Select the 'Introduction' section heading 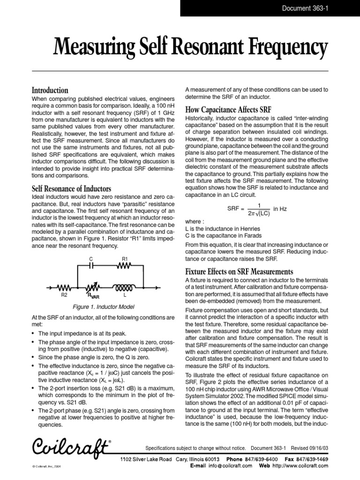[50, 90]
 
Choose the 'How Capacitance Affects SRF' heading [228, 110]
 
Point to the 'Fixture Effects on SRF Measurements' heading [240, 271]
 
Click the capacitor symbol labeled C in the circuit [92, 265]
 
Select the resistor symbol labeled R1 [125, 265]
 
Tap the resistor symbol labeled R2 [63, 287]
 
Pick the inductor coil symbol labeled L [125, 286]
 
